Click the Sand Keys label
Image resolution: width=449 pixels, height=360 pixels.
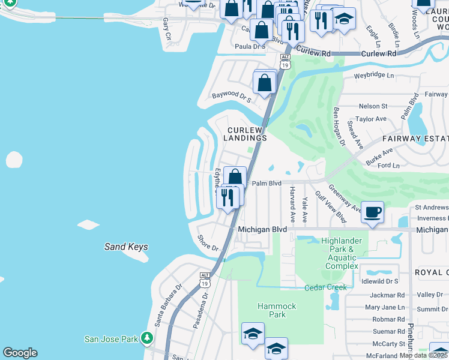coord(126,247)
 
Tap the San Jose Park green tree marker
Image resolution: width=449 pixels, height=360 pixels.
coord(146,338)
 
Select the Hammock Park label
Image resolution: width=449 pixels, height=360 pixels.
coord(277,310)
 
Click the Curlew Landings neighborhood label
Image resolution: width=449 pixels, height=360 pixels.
coord(245,134)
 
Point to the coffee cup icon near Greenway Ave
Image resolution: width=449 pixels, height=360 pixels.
coord(373,212)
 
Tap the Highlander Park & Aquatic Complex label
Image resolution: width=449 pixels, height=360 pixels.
coord(342,253)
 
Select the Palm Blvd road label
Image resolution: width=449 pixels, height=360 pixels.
coord(267,184)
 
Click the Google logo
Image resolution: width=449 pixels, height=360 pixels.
coord(20,353)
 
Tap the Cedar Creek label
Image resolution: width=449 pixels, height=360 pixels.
coord(325,287)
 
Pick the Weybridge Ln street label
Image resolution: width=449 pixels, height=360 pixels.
coord(373,76)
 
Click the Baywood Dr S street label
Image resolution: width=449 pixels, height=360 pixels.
coord(231,96)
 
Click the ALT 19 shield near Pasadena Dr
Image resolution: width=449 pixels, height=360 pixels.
coord(205,279)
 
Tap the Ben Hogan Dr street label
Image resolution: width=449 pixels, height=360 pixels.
coord(339,126)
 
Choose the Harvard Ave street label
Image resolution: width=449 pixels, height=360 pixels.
coord(292,205)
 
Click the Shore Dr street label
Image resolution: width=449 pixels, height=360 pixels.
coord(208,243)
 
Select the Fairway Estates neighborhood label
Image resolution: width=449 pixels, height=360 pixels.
coord(415,138)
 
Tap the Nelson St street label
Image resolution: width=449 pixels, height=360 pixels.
coord(372,106)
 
